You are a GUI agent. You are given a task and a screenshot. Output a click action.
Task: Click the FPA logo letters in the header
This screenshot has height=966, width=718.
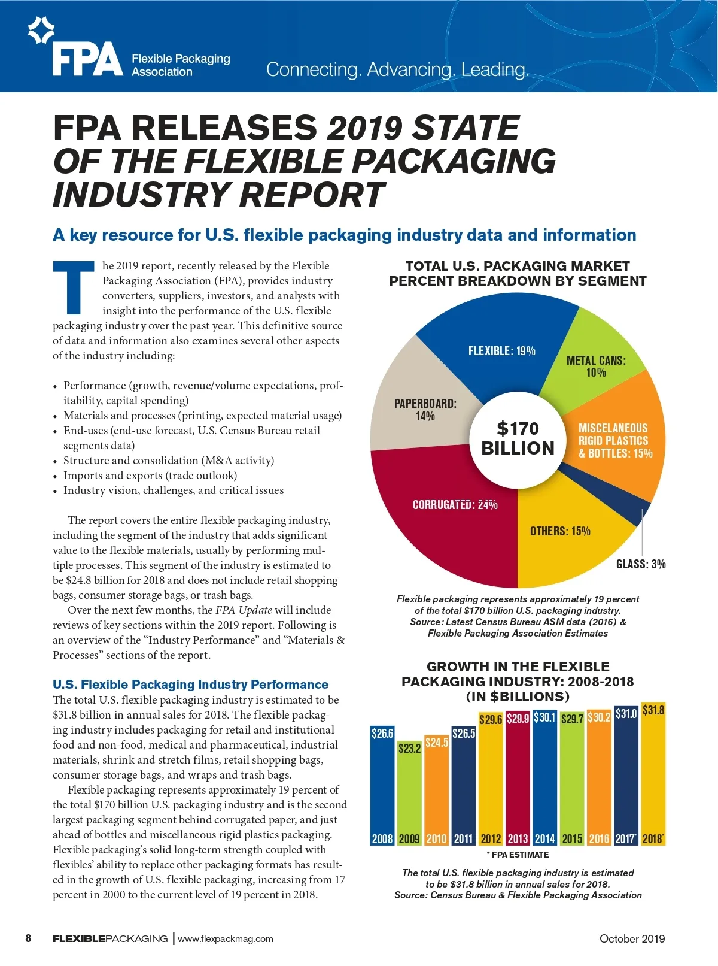[87, 59]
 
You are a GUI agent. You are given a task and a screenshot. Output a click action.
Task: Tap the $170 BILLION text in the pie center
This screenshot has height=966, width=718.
[518, 438]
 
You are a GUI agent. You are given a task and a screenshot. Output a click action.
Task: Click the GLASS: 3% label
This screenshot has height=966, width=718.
[641, 564]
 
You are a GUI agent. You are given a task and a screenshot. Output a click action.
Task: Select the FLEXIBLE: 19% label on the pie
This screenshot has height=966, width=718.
[501, 351]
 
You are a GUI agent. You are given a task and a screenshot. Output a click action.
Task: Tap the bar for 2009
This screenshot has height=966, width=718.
[409, 791]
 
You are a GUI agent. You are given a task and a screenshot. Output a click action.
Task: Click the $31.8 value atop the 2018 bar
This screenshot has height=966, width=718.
[653, 711]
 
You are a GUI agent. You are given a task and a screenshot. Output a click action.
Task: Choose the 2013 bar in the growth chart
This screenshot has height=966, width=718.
[518, 779]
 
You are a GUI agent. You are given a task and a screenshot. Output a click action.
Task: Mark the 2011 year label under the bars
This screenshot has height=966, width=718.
[463, 839]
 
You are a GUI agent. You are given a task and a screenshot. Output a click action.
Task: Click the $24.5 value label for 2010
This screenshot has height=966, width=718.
[436, 743]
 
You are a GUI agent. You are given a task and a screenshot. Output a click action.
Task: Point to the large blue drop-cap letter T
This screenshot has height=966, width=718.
[74, 287]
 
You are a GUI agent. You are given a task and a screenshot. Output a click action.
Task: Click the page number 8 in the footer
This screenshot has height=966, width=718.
[28, 938]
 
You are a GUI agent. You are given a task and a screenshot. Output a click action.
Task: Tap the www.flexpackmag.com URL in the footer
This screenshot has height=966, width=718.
[226, 938]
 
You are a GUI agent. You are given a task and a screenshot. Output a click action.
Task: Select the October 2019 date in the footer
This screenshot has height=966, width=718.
[632, 938]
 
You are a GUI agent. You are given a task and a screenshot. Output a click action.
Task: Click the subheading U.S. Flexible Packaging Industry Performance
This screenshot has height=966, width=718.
[190, 685]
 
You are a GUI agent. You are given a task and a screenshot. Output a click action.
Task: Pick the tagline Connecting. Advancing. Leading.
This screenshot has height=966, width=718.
[397, 69]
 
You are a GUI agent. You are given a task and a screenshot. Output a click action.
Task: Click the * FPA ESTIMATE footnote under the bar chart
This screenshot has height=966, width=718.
[518, 855]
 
